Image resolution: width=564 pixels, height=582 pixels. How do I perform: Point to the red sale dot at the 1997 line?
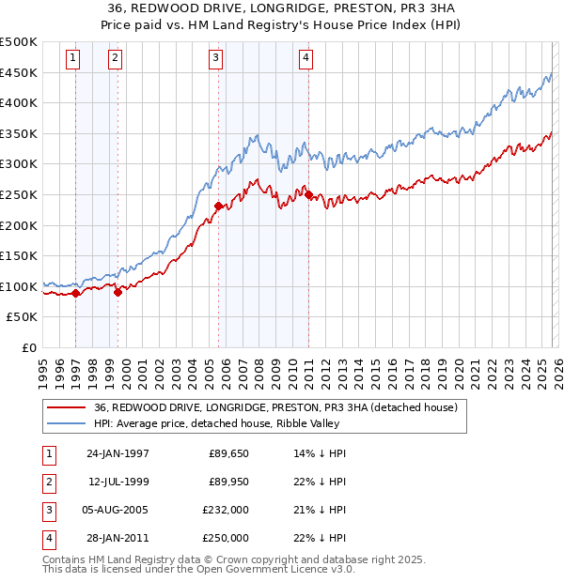pos(76,294)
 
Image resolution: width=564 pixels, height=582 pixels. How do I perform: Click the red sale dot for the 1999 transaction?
pos(117,293)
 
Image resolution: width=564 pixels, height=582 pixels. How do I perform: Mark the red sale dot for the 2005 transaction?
pos(218,206)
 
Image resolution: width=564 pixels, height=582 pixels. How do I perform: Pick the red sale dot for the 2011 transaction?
pos(308,194)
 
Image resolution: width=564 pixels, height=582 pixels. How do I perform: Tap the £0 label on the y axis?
pos(29,347)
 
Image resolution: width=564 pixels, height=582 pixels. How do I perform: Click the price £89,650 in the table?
pos(228,453)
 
